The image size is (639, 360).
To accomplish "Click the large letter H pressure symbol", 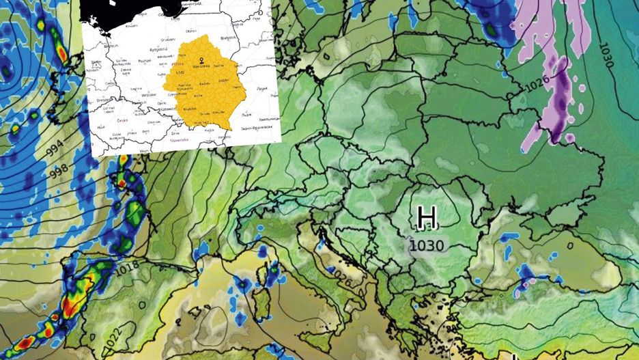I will coord(427,217).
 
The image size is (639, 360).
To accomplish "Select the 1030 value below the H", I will coord(427,245).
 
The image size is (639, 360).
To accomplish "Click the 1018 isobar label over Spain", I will coord(124,269).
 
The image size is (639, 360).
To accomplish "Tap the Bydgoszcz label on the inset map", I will coord(143,50).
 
